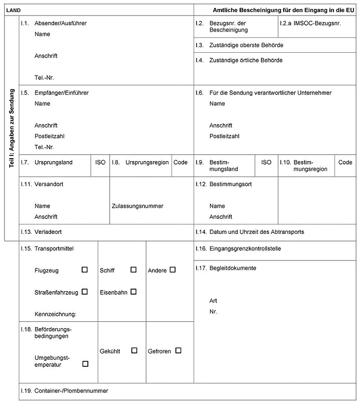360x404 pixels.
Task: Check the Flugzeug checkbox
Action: point(85,270)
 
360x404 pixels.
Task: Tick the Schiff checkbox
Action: point(133,270)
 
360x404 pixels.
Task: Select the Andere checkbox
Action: point(172,270)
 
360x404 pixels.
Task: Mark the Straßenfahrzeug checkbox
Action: point(85,292)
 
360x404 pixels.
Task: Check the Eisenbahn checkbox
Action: point(133,292)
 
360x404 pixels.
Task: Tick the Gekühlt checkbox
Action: point(134,351)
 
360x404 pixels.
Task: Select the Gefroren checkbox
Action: point(178,351)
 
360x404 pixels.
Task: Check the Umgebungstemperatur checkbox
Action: point(85,364)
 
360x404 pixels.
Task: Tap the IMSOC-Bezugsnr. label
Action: point(317,23)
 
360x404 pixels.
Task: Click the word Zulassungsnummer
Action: point(137,206)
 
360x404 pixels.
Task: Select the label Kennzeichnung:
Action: point(55,314)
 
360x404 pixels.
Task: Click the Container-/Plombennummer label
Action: point(71,390)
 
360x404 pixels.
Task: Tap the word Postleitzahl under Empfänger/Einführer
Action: point(50,136)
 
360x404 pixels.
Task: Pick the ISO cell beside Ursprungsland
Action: point(100,163)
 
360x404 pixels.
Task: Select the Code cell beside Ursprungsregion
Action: point(181,163)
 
